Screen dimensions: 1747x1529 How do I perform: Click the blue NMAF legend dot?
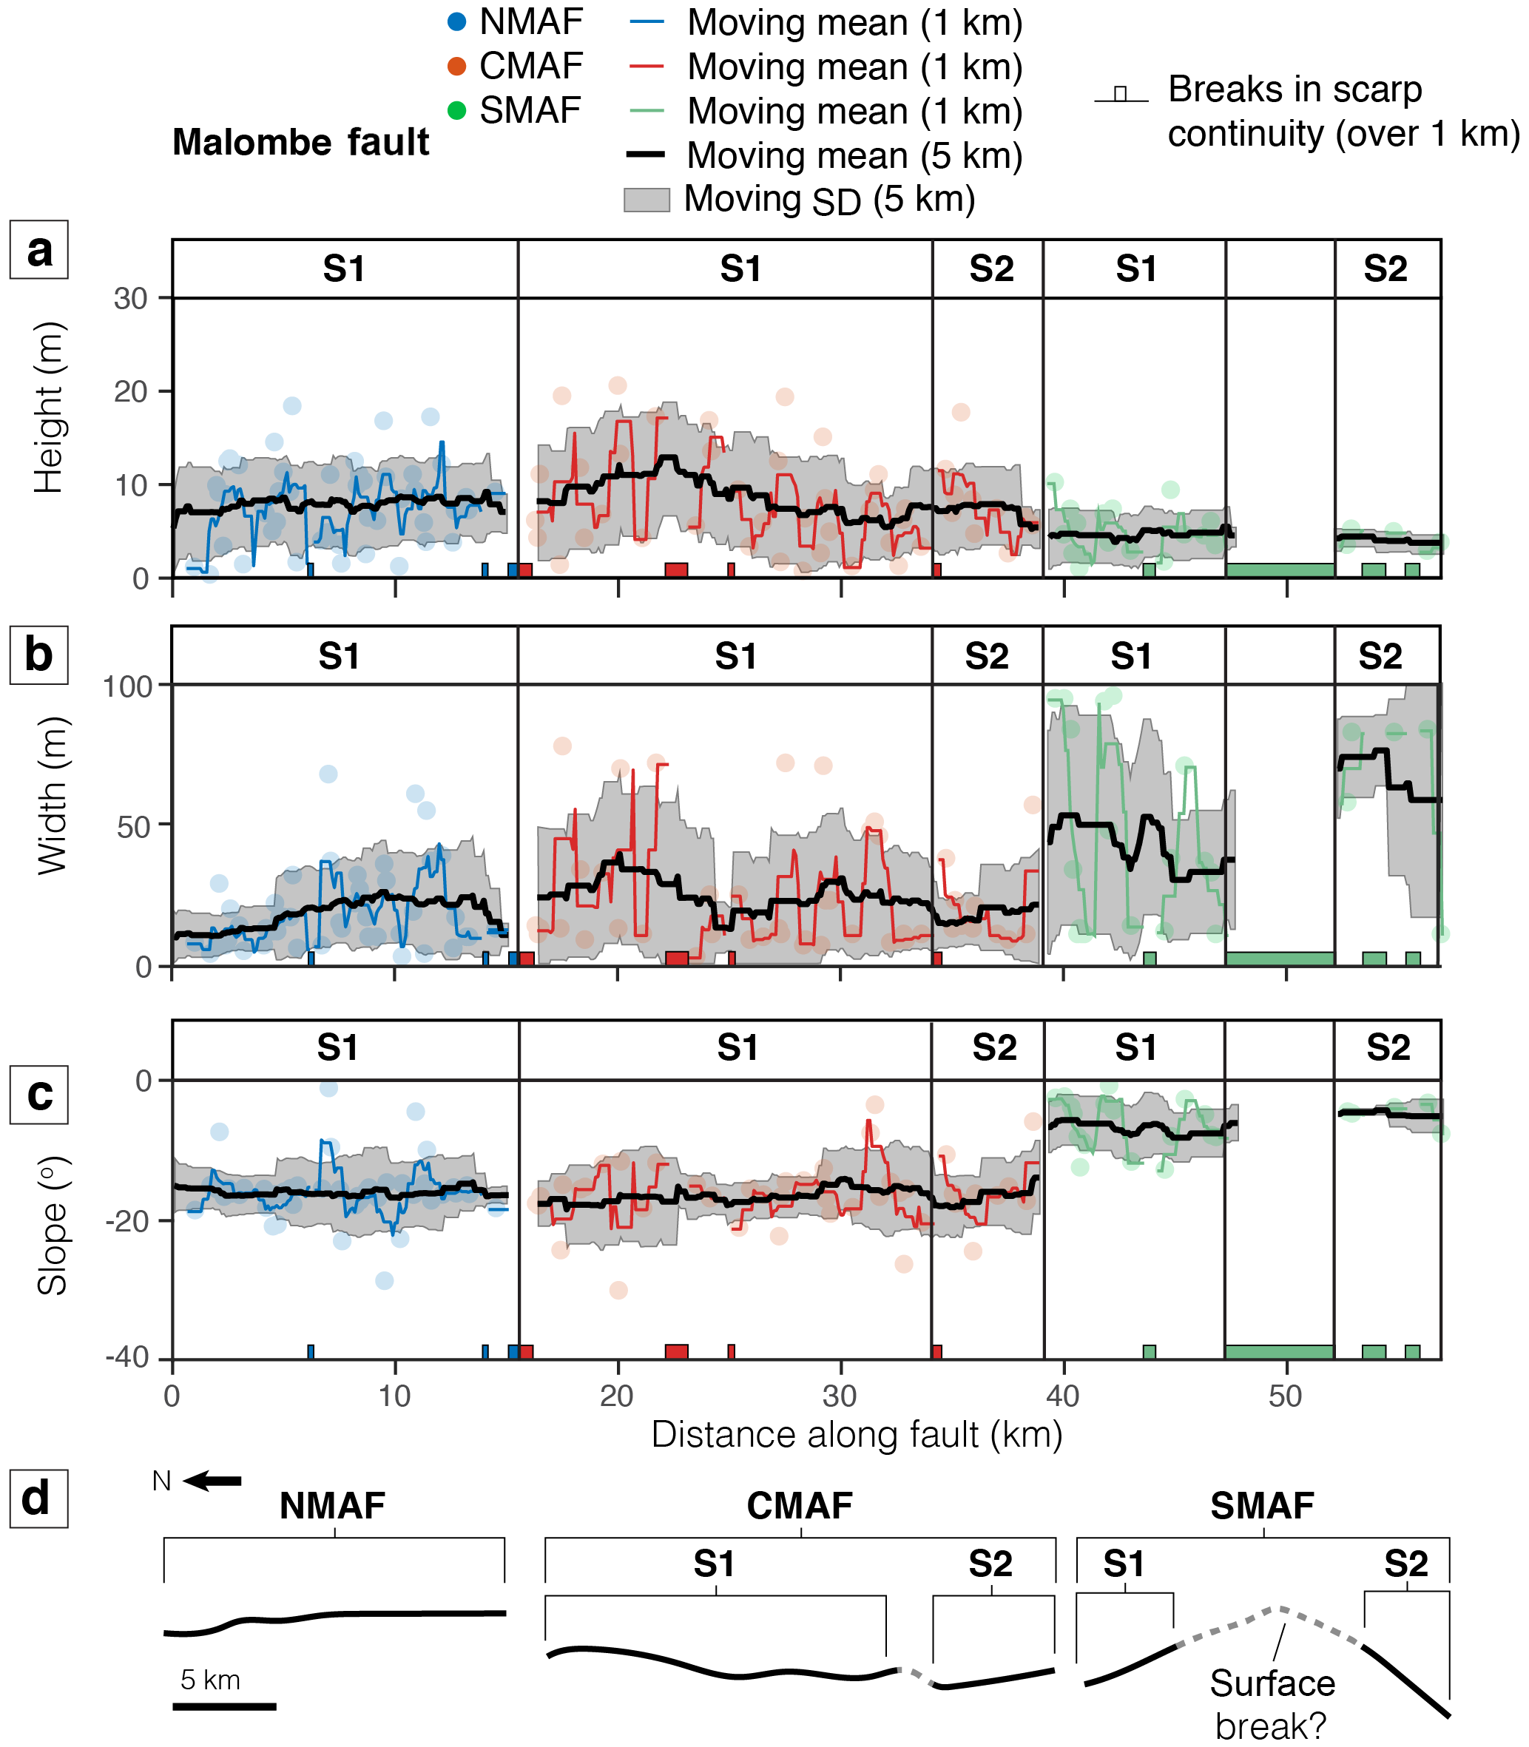point(457,22)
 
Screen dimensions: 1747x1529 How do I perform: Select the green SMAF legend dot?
point(457,110)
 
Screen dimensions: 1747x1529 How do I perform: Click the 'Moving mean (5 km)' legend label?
point(854,155)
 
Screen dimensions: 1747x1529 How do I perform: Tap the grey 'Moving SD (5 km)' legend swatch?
point(646,200)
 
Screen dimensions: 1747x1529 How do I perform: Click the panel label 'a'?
point(39,250)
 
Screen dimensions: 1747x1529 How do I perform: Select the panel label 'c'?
point(39,1095)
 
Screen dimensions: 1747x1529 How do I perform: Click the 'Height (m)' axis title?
point(50,408)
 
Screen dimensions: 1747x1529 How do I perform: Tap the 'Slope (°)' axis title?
point(51,1226)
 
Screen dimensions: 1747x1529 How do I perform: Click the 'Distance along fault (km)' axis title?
point(857,1435)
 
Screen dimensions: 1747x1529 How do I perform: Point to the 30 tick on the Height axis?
point(130,299)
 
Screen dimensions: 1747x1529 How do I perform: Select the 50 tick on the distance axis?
point(1286,1396)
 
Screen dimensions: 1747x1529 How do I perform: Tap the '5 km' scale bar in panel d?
point(224,1706)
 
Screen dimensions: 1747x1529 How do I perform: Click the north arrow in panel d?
point(212,1481)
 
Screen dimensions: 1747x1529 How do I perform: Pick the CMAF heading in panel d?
point(800,1507)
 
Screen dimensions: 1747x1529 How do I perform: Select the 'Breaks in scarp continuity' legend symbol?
point(1120,95)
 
